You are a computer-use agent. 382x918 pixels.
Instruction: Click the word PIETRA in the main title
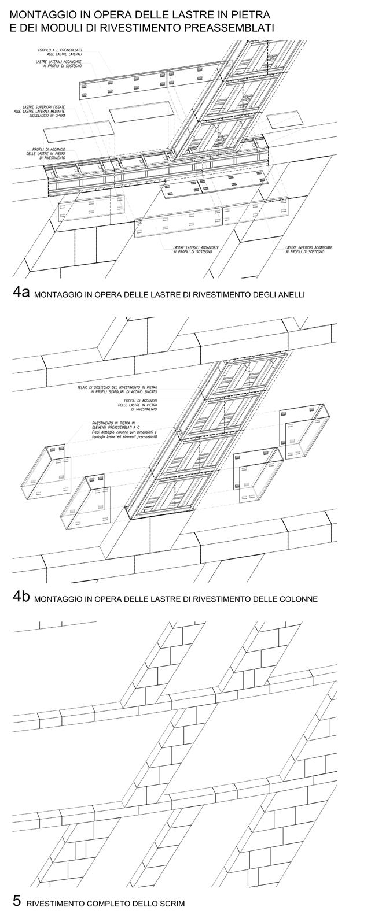(x=251, y=13)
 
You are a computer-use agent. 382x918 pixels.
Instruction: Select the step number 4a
(x=21, y=293)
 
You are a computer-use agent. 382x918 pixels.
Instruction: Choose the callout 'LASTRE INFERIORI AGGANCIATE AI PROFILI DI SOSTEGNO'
(x=309, y=250)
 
